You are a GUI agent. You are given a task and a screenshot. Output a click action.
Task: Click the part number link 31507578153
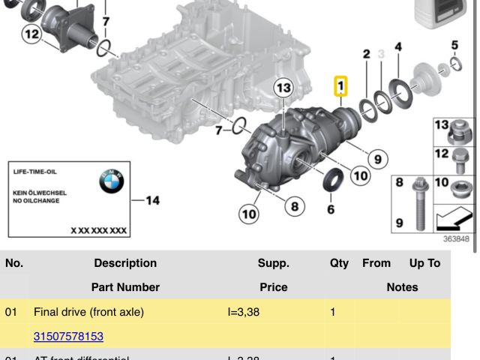pyautogui.click(x=68, y=337)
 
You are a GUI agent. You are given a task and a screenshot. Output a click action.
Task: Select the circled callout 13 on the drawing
pyautogui.click(x=282, y=88)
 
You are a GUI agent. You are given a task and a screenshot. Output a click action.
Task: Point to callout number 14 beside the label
pyautogui.click(x=153, y=200)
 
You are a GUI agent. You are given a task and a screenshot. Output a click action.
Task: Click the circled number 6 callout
pyautogui.click(x=331, y=209)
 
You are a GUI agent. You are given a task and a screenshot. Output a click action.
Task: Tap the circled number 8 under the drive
pyautogui.click(x=293, y=205)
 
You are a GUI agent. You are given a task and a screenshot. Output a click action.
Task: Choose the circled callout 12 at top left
pyautogui.click(x=31, y=34)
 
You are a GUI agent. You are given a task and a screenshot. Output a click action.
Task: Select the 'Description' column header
pyautogui.click(x=125, y=263)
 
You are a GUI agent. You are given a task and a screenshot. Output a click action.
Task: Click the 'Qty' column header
pyautogui.click(x=339, y=263)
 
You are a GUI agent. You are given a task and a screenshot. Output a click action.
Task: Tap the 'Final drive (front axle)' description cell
pyautogui.click(x=89, y=311)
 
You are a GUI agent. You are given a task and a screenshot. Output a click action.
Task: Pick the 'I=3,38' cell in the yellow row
pyautogui.click(x=243, y=311)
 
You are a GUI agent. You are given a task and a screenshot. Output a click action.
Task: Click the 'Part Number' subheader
pyautogui.click(x=125, y=287)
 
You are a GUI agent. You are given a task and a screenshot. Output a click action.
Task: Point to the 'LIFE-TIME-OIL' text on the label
pyautogui.click(x=35, y=172)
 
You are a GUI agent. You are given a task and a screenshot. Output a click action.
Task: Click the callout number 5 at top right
pyautogui.click(x=454, y=45)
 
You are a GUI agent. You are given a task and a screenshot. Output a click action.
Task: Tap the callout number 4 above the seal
pyautogui.click(x=398, y=46)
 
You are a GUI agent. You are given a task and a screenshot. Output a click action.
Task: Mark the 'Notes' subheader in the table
pyautogui.click(x=402, y=287)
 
